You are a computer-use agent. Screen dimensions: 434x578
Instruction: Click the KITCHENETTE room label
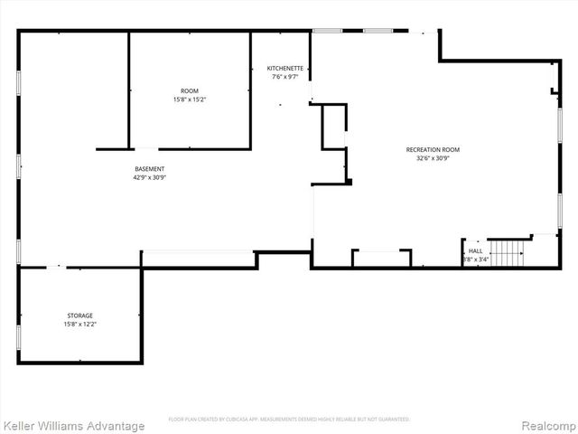(x=285, y=69)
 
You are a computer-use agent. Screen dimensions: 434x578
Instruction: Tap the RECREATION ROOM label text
(x=433, y=149)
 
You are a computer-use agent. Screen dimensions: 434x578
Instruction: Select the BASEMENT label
(x=149, y=169)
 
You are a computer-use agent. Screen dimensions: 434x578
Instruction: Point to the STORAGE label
(x=79, y=316)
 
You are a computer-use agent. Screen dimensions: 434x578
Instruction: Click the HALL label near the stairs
(x=475, y=250)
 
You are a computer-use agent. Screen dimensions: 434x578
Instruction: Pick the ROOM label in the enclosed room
(x=190, y=90)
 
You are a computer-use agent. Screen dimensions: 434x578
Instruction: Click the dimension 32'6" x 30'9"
(x=433, y=158)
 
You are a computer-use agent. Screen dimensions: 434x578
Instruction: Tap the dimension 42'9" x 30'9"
(x=149, y=177)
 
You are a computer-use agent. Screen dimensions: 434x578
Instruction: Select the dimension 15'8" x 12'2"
(x=79, y=324)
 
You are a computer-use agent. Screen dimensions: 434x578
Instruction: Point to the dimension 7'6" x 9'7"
(x=285, y=77)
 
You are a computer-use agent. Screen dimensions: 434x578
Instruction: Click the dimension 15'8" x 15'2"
(x=190, y=99)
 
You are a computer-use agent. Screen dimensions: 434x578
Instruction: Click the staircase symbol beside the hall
(x=507, y=253)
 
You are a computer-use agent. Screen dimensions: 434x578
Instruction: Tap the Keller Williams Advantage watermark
(x=73, y=426)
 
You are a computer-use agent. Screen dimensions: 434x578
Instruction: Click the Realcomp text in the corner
(x=547, y=426)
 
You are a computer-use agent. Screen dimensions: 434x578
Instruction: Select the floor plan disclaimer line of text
(x=289, y=419)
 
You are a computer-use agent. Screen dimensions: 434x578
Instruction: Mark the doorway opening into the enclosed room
(x=144, y=148)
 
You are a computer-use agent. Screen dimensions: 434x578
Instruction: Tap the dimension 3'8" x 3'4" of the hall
(x=476, y=259)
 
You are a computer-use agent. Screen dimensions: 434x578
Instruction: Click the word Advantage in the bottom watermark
(x=115, y=426)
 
